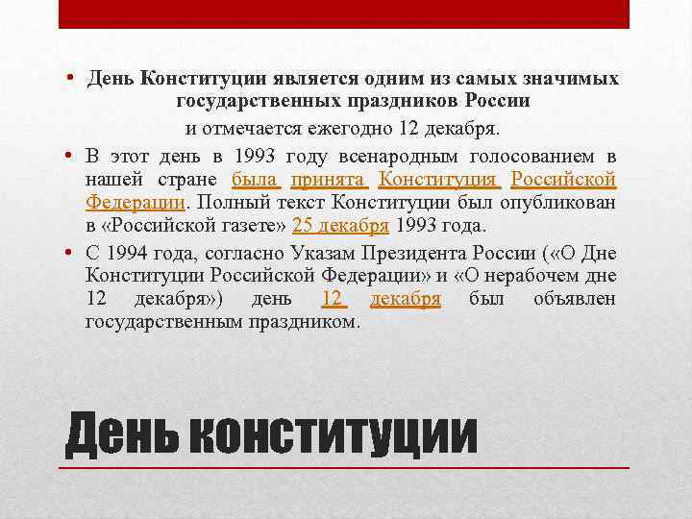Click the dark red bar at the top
344,13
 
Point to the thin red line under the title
344,467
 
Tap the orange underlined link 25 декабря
340,227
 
